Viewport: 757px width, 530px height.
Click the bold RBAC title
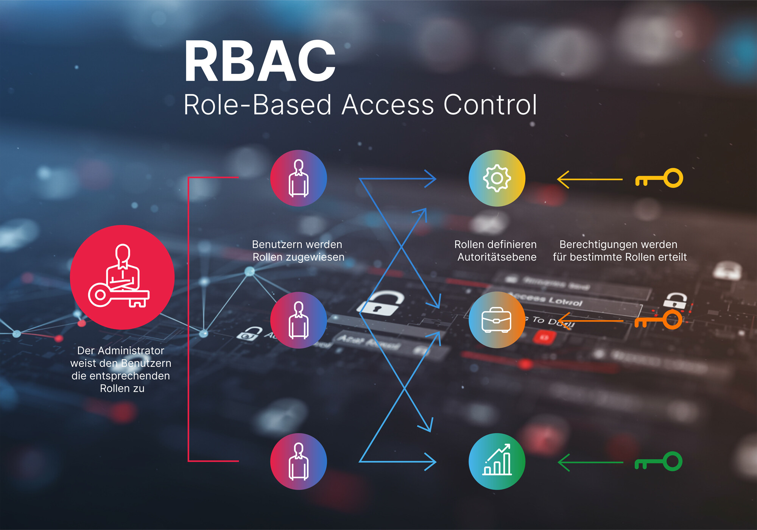tap(260, 61)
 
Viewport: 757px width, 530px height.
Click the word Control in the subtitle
tap(490, 105)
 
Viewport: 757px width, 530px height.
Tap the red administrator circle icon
tap(122, 277)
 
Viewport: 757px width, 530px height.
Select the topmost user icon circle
tap(298, 178)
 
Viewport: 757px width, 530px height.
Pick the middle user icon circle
tap(298, 320)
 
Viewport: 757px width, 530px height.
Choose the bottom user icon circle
tap(298, 461)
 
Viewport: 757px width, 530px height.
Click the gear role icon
tap(497, 178)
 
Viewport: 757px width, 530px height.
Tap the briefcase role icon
tap(497, 320)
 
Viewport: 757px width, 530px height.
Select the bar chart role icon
tap(497, 461)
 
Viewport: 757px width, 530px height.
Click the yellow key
tap(659, 178)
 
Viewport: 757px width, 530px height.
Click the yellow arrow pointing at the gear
tap(590, 179)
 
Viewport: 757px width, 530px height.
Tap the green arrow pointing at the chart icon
tap(590, 462)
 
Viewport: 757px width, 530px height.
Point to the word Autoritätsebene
tap(497, 257)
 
